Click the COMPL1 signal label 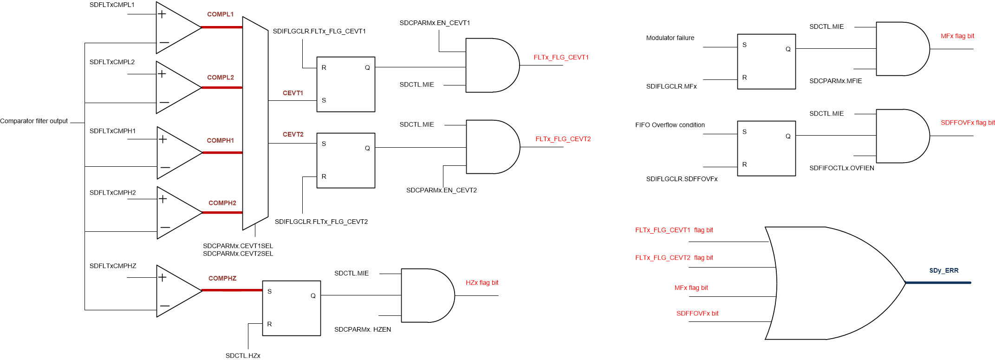point(220,14)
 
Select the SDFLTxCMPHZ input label point(113,266)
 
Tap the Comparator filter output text point(34,121)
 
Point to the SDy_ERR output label point(943,270)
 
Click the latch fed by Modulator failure point(766,61)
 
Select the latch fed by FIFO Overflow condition point(766,148)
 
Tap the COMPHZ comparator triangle point(176,291)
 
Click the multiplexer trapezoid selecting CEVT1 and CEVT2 point(255,123)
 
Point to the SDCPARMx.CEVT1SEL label point(238,246)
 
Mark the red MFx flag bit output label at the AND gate point(957,36)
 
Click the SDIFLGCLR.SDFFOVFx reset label point(682,179)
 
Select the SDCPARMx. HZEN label point(362,329)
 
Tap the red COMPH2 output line point(222,213)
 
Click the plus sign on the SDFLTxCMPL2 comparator point(162,73)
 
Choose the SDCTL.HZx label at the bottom point(243,355)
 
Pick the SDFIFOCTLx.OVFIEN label point(841,168)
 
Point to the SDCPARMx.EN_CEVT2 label point(441,190)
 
